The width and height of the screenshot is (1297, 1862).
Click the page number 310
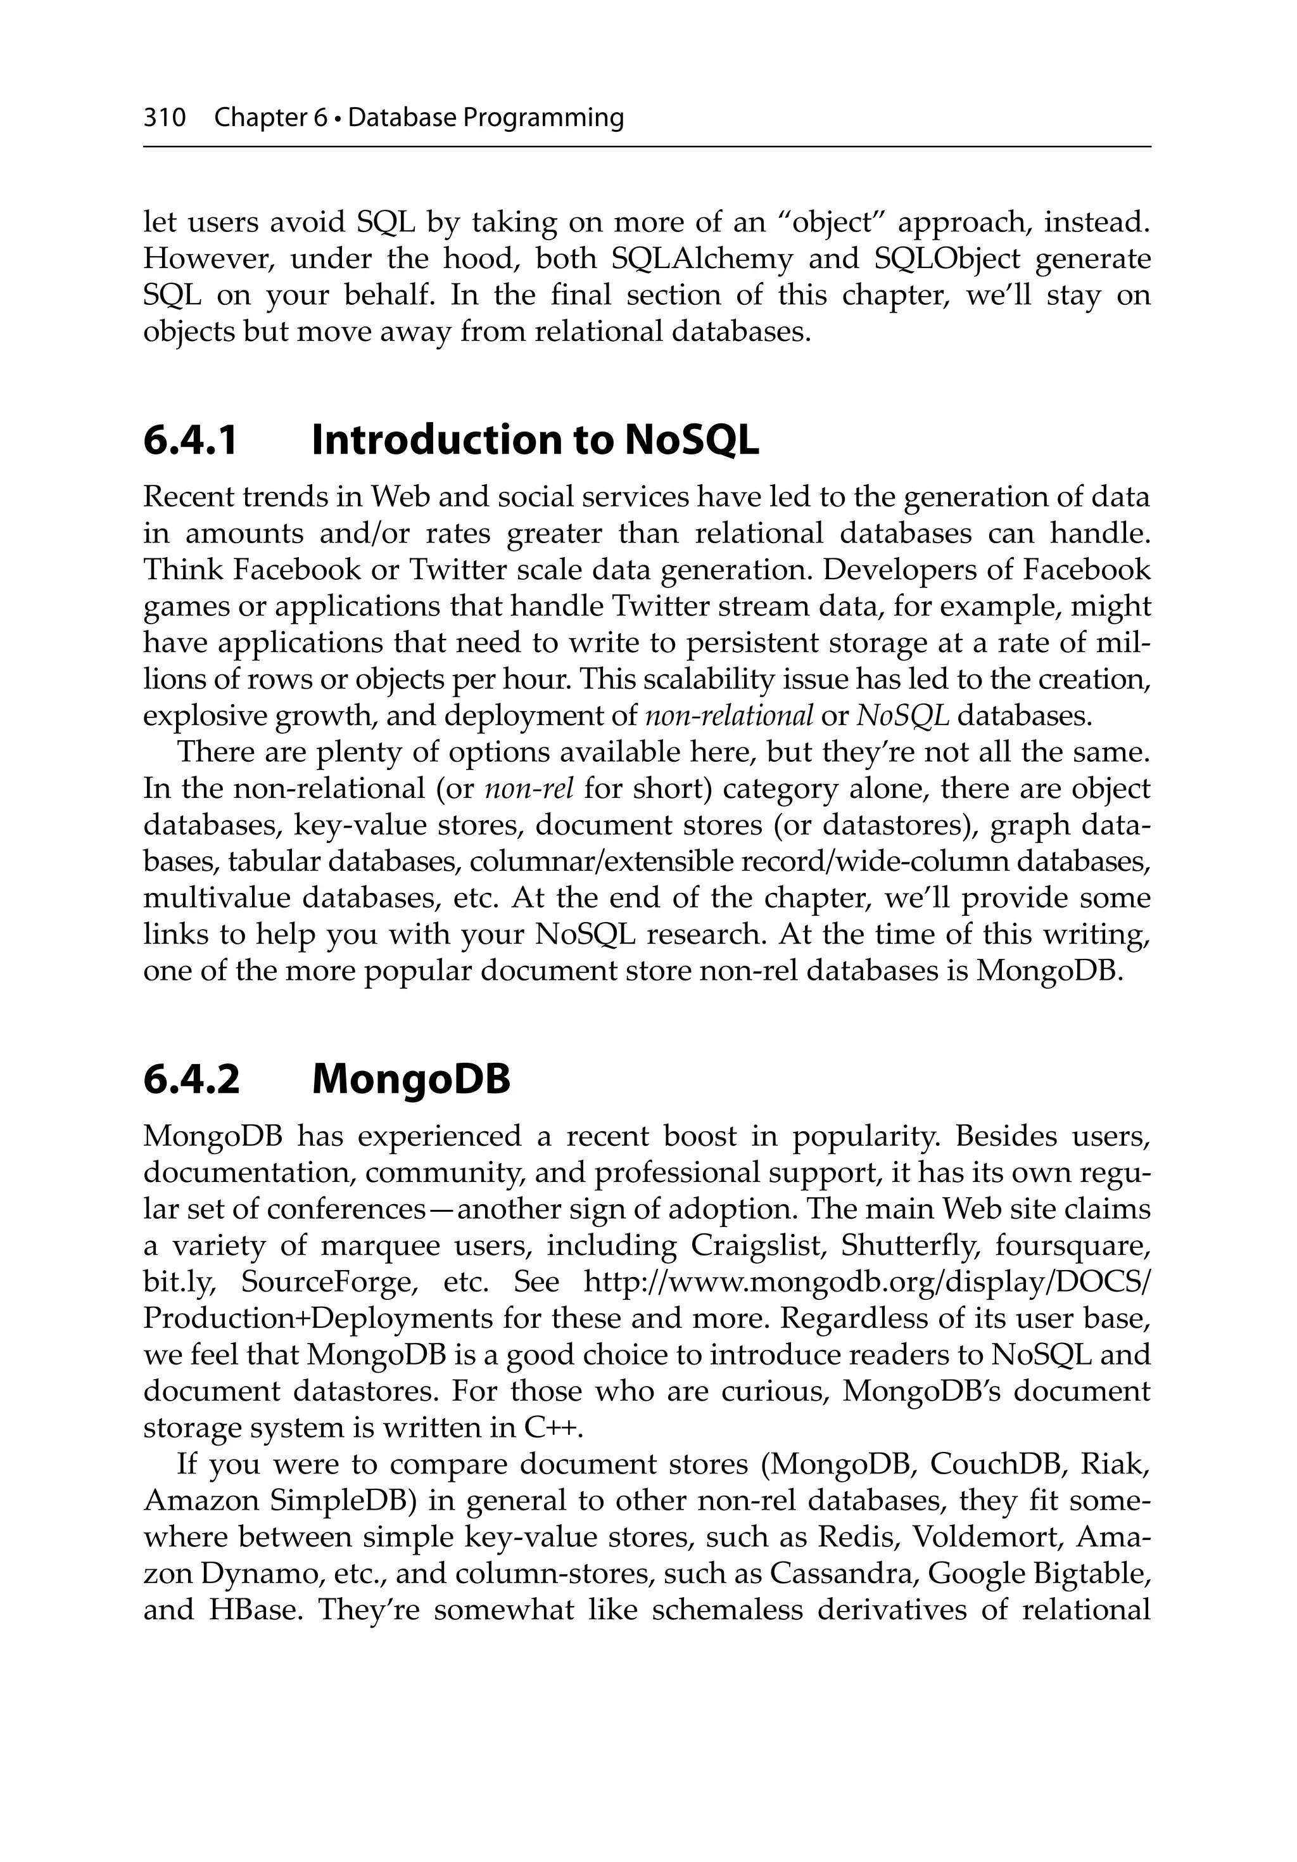[x=165, y=119]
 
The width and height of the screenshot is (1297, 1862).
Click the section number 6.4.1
[x=191, y=440]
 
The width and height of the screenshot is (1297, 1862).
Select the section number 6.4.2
[x=191, y=1079]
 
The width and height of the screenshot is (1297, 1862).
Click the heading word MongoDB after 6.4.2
[x=411, y=1079]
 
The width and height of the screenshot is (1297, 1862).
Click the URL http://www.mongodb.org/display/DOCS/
[x=866, y=1282]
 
